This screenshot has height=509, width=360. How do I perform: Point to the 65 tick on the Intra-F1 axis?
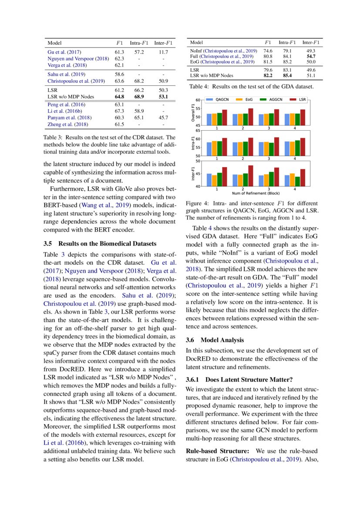tap(198, 130)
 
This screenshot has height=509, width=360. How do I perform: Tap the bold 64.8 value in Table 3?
tap(120, 96)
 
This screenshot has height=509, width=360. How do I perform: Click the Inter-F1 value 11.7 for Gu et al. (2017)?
tap(163, 52)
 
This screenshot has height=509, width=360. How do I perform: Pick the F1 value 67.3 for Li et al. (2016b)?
tap(120, 111)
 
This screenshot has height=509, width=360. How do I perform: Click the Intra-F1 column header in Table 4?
tap(287, 43)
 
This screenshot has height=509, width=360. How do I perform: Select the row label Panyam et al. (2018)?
tap(69, 118)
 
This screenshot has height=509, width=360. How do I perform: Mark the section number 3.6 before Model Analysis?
tap(190, 340)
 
